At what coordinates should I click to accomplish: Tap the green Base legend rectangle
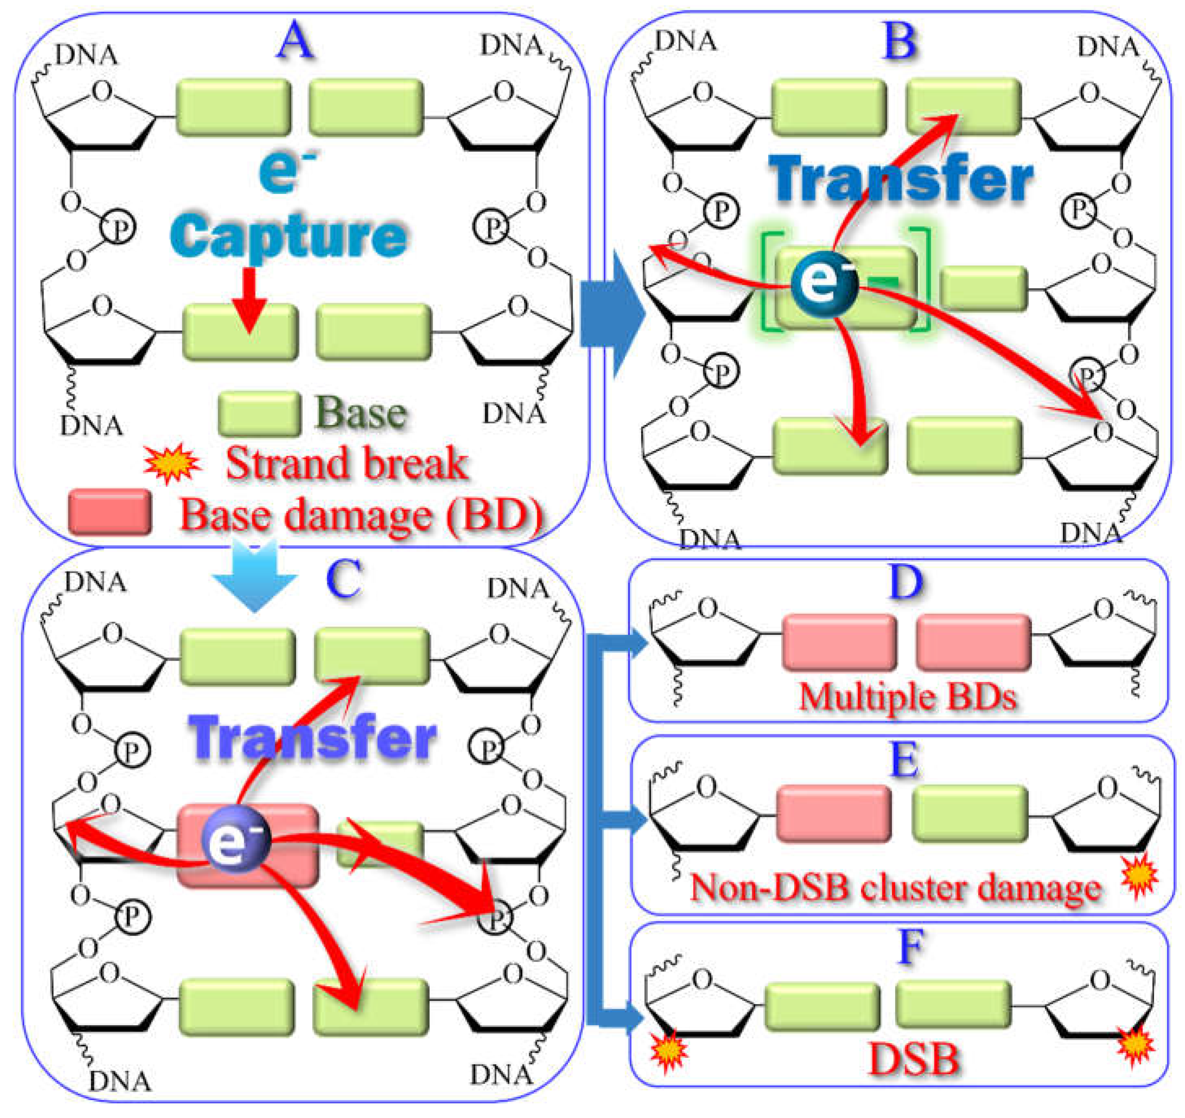(259, 413)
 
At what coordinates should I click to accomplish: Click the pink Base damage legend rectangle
(110, 512)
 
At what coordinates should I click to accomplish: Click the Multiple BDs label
(907, 696)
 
